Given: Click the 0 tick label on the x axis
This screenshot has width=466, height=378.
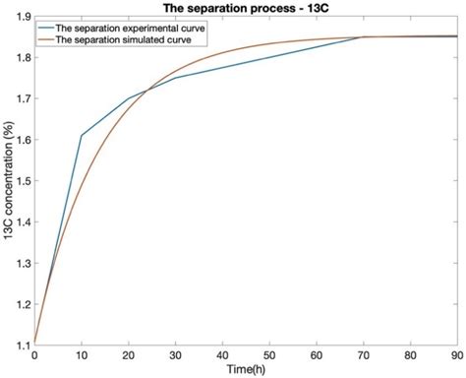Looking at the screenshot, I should tap(35, 354).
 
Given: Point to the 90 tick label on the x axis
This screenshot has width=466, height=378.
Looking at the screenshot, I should tap(458, 354).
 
